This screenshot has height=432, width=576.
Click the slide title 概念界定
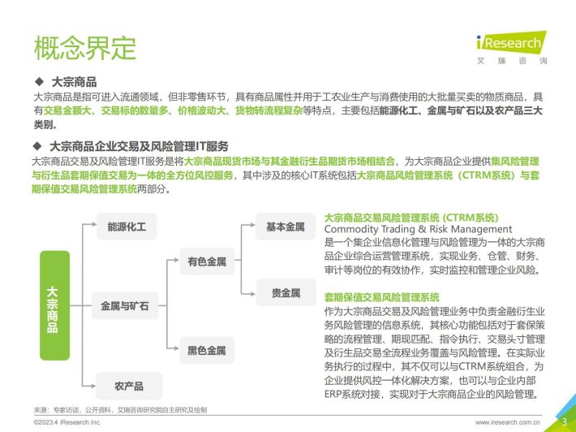pos(85,48)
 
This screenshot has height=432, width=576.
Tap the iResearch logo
pos(511,48)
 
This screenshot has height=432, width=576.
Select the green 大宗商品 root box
pos(54,305)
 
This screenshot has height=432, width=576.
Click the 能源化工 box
pos(127,227)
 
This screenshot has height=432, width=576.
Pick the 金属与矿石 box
pos(125,305)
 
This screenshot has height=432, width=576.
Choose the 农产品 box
pos(129,386)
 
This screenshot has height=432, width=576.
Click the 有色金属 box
pos(207,261)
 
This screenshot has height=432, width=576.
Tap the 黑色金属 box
pos(207,350)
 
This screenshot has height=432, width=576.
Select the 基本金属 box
pos(286,227)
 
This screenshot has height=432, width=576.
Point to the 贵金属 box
pos(286,292)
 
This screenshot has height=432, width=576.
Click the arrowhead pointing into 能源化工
pos(94,223)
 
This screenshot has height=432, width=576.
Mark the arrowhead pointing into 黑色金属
pos(176,348)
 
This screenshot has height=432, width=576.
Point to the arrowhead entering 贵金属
pos(253,294)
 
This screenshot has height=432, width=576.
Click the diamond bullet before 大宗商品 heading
pos(39,81)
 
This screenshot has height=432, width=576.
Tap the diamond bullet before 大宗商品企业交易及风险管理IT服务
pos(37,145)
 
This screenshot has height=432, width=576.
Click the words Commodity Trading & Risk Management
pos(418,229)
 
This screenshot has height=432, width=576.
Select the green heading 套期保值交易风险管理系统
pos(381,297)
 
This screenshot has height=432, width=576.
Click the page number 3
pos(565,421)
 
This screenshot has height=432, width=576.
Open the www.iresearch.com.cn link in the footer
pos(507,422)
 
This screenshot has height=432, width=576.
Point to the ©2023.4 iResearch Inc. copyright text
pos(67,422)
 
